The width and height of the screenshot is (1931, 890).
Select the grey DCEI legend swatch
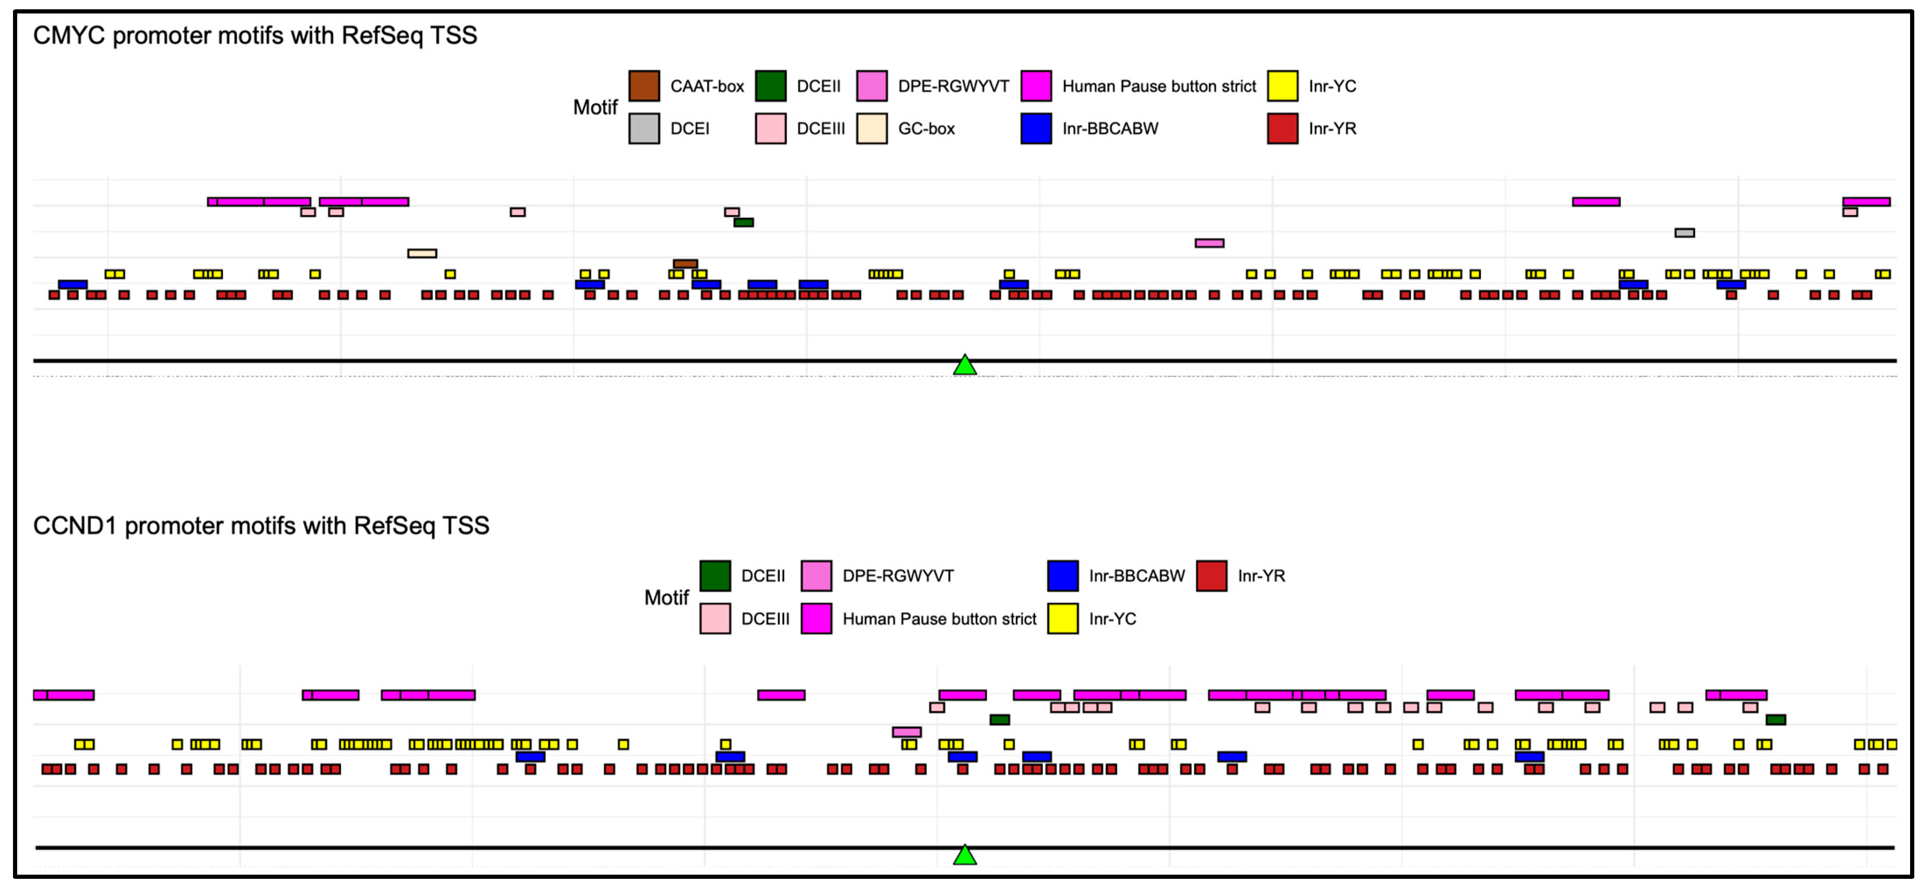pyautogui.click(x=644, y=128)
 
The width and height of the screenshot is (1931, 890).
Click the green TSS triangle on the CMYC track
pyautogui.click(x=965, y=366)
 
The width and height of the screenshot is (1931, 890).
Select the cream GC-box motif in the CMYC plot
pyautogui.click(x=422, y=253)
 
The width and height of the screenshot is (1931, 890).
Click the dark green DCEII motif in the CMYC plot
pyautogui.click(x=744, y=223)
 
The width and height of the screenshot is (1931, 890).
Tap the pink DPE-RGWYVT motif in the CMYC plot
pyautogui.click(x=1209, y=243)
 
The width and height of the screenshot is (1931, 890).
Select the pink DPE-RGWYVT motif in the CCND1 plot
pyautogui.click(x=907, y=732)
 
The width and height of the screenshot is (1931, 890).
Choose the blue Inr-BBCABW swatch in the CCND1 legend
pyautogui.click(x=1063, y=576)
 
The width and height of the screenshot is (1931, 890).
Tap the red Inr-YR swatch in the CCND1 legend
pyautogui.click(x=1211, y=576)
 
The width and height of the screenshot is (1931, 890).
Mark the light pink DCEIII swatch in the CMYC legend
pyautogui.click(x=771, y=128)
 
